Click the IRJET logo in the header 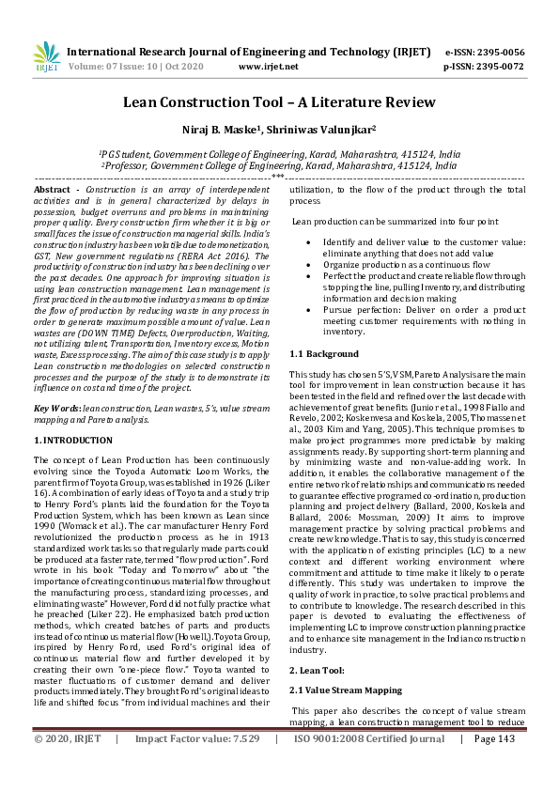coord(46,58)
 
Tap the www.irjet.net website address coord(269,67)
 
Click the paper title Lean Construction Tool coord(279,101)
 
